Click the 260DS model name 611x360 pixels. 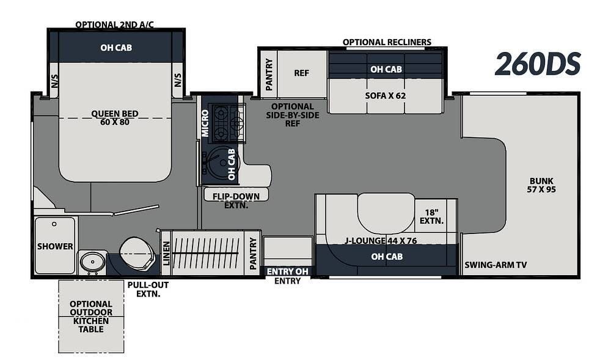point(538,64)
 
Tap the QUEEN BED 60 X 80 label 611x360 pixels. point(115,118)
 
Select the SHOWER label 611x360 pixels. point(55,246)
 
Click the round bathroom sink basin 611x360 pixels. point(93,262)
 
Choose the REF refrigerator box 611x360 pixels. point(302,73)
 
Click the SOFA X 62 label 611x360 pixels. point(386,95)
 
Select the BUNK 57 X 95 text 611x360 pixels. point(541,185)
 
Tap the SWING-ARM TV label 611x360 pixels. point(496,265)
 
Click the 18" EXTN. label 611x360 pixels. point(432,216)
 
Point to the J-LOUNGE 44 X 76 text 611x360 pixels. point(381,241)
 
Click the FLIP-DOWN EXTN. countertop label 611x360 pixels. point(236,200)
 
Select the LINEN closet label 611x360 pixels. point(166,253)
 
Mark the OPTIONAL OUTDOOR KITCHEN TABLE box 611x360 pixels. point(91,317)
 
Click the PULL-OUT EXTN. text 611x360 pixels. point(148,290)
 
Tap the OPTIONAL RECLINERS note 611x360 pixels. point(387,42)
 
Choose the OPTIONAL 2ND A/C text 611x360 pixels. point(115,24)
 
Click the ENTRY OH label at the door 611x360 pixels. point(288,271)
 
